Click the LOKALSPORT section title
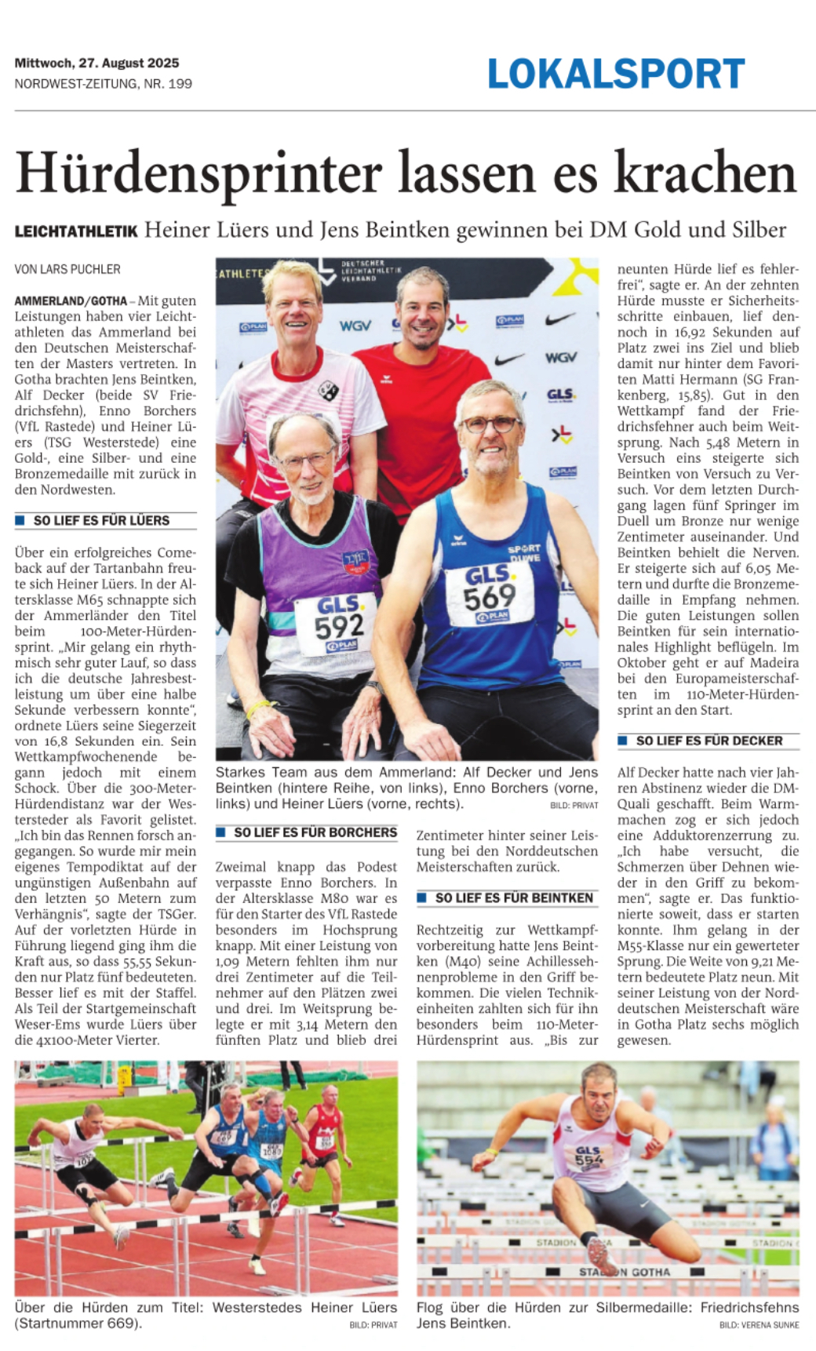[616, 75]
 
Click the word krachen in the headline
[705, 173]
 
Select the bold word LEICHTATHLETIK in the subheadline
[76, 231]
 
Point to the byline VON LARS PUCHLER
[67, 269]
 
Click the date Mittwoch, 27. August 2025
[97, 63]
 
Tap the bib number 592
[339, 625]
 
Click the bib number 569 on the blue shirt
[489, 598]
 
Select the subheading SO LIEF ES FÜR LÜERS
[101, 520]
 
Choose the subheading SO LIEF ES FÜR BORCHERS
[315, 832]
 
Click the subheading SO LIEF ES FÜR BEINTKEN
[514, 898]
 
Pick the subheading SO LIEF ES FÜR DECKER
[709, 741]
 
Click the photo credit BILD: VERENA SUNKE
[759, 1325]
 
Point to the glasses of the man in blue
[490, 424]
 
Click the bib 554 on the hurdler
[588, 1156]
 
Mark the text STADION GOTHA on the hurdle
[625, 1272]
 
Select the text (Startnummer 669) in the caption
[78, 1324]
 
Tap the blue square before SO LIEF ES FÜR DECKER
[622, 741]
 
